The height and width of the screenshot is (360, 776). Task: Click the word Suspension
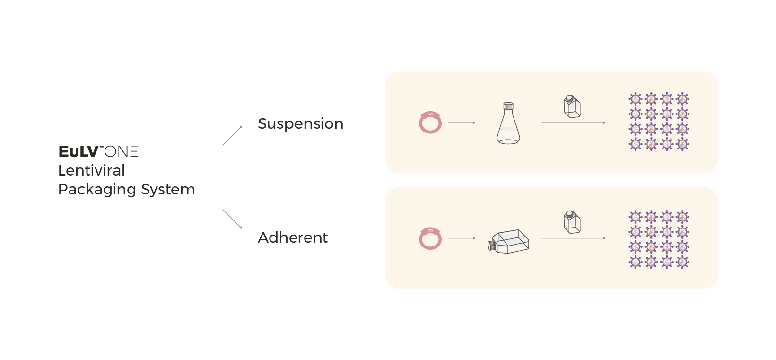(x=300, y=124)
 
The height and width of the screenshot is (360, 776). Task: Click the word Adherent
(x=293, y=237)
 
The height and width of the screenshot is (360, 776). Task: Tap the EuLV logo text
(x=78, y=152)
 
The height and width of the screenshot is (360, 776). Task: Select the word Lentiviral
(x=91, y=170)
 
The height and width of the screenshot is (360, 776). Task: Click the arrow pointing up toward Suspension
(x=232, y=136)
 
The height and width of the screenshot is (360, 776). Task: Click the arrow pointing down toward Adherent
(x=232, y=219)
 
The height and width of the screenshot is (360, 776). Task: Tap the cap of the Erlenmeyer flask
(x=508, y=105)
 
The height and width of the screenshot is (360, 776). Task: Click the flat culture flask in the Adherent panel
(x=509, y=242)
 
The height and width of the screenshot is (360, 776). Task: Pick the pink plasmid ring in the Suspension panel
(x=430, y=123)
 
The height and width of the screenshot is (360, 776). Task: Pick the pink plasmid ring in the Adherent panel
(x=430, y=238)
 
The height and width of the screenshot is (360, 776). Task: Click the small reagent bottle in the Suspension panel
(x=572, y=106)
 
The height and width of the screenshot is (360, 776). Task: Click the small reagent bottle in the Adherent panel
(x=572, y=222)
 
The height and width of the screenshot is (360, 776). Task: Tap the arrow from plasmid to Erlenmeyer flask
(x=462, y=123)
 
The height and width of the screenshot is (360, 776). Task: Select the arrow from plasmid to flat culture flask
(x=462, y=238)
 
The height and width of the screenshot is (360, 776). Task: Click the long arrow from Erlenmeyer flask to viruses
(x=573, y=123)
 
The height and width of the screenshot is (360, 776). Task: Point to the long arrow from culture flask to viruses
(x=573, y=238)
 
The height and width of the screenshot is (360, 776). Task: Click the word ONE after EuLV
(x=122, y=152)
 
